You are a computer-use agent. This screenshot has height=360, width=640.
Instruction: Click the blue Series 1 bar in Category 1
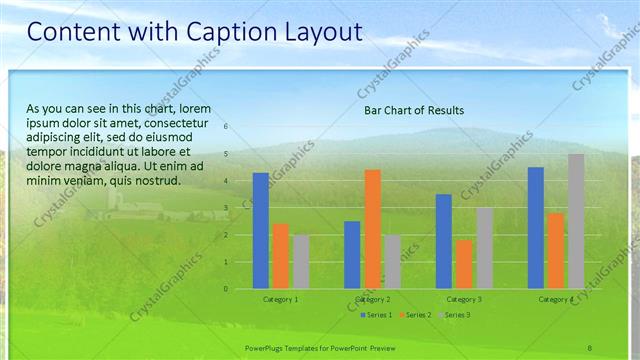(261, 231)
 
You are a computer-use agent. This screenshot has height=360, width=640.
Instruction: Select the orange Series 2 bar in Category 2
(372, 229)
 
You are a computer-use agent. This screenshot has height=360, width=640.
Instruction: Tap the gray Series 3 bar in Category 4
(576, 221)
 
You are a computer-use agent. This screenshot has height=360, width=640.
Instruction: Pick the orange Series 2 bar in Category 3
(464, 264)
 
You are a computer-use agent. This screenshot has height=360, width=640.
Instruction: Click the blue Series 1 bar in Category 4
(536, 228)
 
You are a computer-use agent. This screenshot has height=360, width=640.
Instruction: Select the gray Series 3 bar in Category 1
(301, 262)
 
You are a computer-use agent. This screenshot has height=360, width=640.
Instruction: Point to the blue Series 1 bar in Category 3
(444, 241)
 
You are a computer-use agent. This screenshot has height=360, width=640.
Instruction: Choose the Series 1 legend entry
(376, 315)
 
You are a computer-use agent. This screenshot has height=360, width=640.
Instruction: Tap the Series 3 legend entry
(455, 315)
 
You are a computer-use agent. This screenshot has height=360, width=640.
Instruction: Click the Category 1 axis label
(280, 299)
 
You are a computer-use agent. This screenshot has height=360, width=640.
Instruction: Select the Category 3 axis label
(464, 299)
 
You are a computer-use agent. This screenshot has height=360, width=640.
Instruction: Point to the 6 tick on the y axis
(226, 127)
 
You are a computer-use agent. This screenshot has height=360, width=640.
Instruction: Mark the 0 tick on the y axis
(226, 289)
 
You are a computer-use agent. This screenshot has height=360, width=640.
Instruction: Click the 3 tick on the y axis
(226, 208)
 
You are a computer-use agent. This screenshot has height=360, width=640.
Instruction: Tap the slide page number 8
(589, 346)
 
